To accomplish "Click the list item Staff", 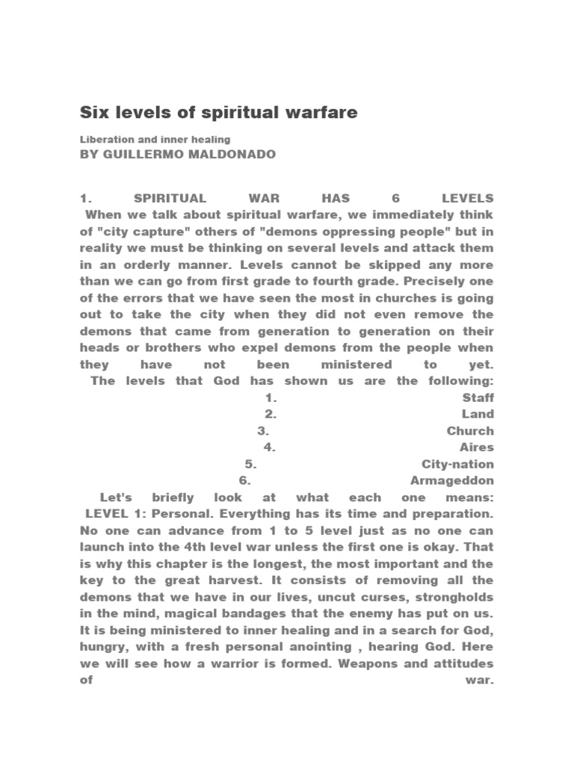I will tap(478, 398).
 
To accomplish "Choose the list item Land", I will tap(478, 415).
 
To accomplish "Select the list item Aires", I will tap(478, 447).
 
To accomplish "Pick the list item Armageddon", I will tap(452, 480).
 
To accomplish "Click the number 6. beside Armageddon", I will tap(244, 480).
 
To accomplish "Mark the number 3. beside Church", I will tap(263, 431).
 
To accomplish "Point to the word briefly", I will tap(173, 498).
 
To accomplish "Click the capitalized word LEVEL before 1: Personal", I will tap(108, 514).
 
